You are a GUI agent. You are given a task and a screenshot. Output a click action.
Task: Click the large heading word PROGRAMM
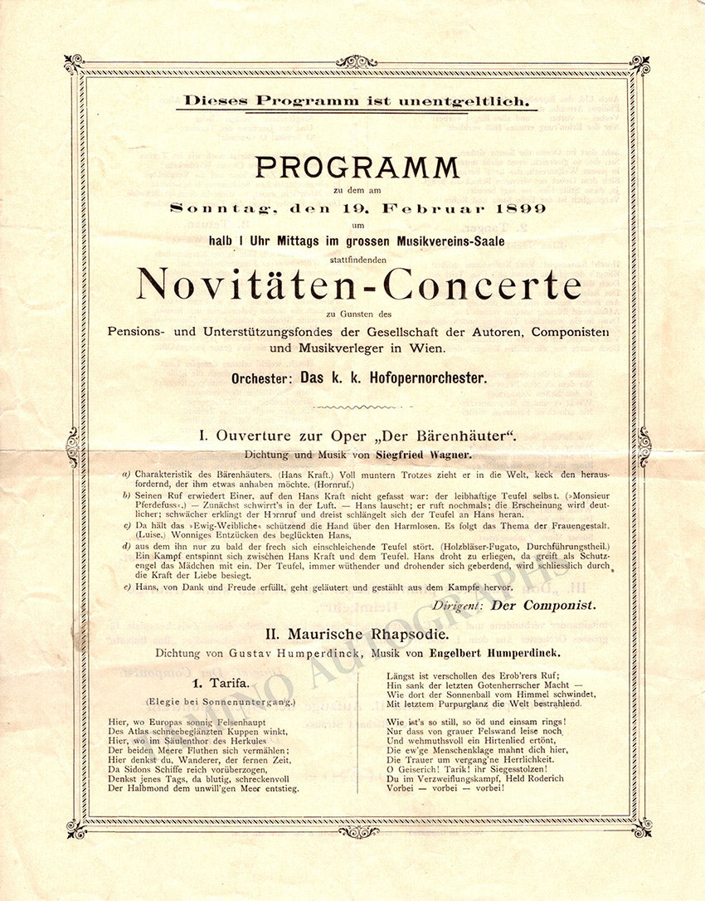tap(357, 168)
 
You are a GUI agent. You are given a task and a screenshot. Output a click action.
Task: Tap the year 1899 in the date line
tap(523, 208)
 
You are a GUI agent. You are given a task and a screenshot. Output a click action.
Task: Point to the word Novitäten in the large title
tap(248, 285)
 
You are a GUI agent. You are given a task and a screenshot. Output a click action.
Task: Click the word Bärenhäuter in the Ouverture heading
tap(459, 436)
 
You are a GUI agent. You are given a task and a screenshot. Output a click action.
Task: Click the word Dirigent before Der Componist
tap(458, 606)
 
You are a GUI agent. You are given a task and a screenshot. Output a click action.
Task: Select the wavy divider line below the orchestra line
tap(357, 407)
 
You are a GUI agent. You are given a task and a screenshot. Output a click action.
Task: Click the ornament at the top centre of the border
tap(357, 61)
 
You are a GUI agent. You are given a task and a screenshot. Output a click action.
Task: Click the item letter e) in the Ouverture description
tap(126, 588)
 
